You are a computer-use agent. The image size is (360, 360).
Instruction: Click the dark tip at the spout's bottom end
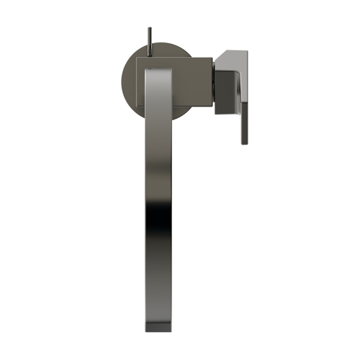point(160,328)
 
